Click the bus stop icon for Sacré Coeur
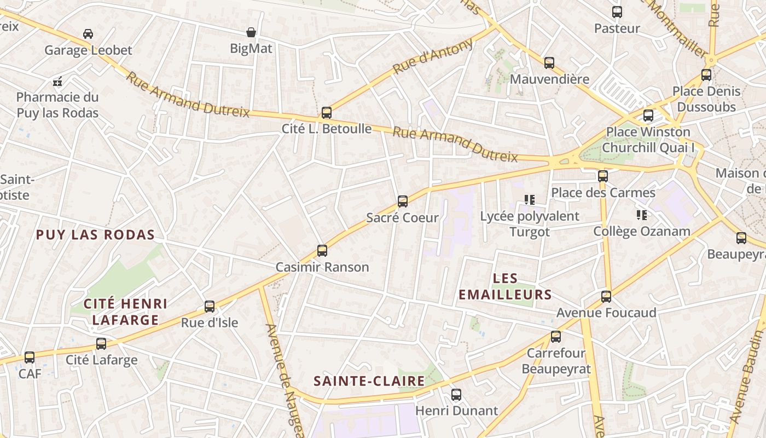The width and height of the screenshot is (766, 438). coord(403,201)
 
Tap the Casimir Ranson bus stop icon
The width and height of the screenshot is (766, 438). coord(322,251)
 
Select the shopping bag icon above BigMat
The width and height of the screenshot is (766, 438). coord(251,32)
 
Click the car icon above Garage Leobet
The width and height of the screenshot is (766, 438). coord(88,34)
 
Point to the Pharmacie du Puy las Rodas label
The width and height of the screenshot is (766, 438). coord(57,105)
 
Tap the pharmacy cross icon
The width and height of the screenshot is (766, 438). coord(57,82)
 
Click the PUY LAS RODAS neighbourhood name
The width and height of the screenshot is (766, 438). coord(95,235)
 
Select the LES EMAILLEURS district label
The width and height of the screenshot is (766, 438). coord(505,286)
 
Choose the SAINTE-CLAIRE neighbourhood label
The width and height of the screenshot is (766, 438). coord(369,381)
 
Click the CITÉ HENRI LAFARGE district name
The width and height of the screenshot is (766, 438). coord(125,312)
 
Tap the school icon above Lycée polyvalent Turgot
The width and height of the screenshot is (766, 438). coord(529,200)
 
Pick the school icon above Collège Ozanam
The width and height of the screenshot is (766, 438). coord(642,215)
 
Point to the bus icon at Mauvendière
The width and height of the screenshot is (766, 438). coord(549,63)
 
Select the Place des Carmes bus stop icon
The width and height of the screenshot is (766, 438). coord(603,176)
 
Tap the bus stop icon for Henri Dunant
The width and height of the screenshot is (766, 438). coord(456,394)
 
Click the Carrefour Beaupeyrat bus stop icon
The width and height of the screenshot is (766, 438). coord(556,337)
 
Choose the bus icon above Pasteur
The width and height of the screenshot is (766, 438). coord(617,12)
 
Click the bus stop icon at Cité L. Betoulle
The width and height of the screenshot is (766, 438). coord(327,113)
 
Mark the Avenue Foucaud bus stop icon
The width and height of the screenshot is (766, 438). coord(606,297)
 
